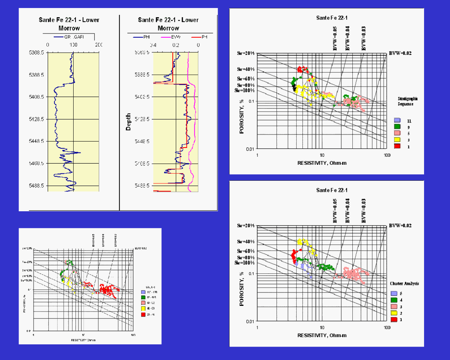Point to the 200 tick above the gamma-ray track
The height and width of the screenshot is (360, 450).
(99, 45)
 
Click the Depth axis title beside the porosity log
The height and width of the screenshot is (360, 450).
(129, 122)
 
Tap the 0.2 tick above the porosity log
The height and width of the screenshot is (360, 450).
(176, 45)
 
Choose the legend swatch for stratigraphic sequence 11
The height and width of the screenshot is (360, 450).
(397, 121)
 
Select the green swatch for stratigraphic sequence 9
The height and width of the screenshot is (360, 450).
(397, 127)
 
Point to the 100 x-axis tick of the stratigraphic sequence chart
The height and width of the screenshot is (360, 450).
(387, 156)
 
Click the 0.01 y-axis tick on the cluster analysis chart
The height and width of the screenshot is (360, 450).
(249, 321)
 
